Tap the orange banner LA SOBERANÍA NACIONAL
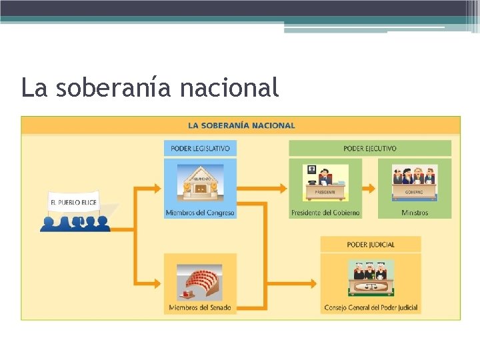coord(241,125)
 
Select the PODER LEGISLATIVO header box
coord(200,148)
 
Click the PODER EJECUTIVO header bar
coord(369,148)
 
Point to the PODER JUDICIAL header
coord(371,245)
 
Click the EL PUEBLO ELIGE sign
coord(73,202)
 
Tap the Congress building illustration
coord(199,183)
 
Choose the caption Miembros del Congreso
coord(200,213)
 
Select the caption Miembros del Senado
coord(200,307)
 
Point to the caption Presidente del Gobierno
coord(325,213)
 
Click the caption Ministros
coord(415,213)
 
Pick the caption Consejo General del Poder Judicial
coord(371,307)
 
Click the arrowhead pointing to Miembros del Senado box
coord(158,283)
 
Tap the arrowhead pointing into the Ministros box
coord(373,188)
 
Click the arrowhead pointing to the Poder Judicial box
coord(314,283)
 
